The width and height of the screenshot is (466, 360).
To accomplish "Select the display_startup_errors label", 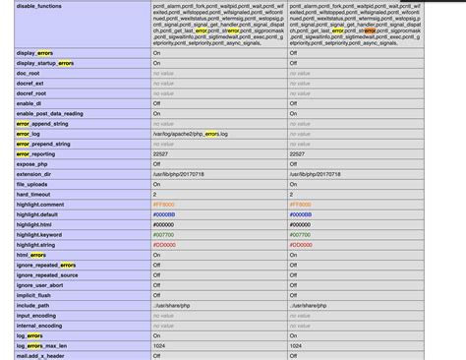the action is click(x=45, y=63).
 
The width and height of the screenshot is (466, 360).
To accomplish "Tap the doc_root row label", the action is click(x=29, y=73).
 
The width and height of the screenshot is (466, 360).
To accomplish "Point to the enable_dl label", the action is click(x=30, y=103).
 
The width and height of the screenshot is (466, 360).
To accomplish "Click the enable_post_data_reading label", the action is click(x=49, y=113).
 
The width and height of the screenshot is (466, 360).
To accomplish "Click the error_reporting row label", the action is click(x=38, y=153).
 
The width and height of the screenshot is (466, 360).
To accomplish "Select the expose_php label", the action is click(x=32, y=163).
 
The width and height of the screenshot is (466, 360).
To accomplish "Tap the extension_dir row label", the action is click(x=35, y=173).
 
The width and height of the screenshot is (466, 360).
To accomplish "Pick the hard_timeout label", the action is click(x=34, y=194).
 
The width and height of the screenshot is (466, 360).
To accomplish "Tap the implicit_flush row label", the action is click(x=36, y=294).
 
